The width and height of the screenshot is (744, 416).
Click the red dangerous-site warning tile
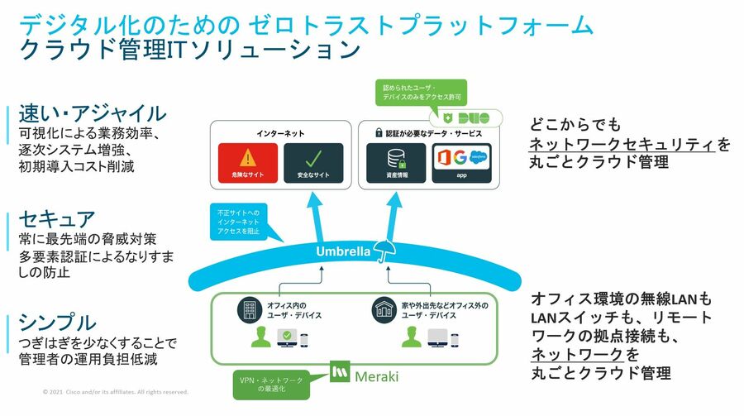point(247,163)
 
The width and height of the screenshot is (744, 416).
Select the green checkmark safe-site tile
point(312,163)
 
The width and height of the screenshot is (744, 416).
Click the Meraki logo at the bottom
point(365,375)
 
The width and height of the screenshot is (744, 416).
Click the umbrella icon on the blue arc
point(384,251)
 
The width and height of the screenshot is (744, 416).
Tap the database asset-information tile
point(394,163)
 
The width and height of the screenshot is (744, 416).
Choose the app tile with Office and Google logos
point(462,163)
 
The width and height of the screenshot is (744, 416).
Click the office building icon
point(248,309)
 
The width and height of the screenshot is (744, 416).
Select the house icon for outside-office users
point(381,309)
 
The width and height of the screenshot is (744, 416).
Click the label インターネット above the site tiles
point(279,132)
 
